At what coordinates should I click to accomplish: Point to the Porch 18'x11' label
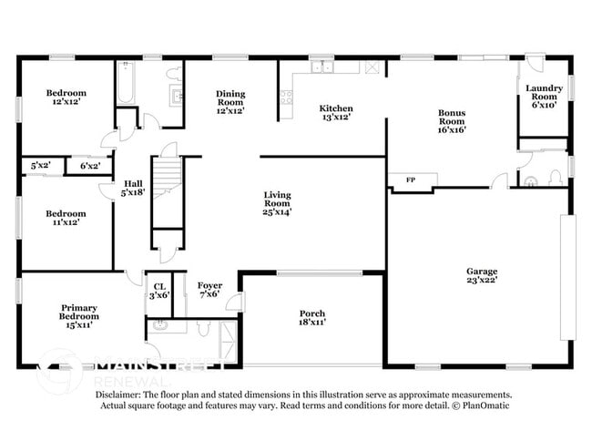[312, 318]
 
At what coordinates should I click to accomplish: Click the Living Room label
[278, 203]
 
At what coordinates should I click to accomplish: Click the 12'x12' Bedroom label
[66, 97]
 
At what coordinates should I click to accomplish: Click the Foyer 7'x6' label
[210, 290]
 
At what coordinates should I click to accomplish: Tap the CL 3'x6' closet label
[159, 290]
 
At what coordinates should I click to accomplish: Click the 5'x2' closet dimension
[40, 166]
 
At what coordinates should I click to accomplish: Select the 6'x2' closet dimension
[90, 166]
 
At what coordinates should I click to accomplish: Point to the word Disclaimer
[121, 394]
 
